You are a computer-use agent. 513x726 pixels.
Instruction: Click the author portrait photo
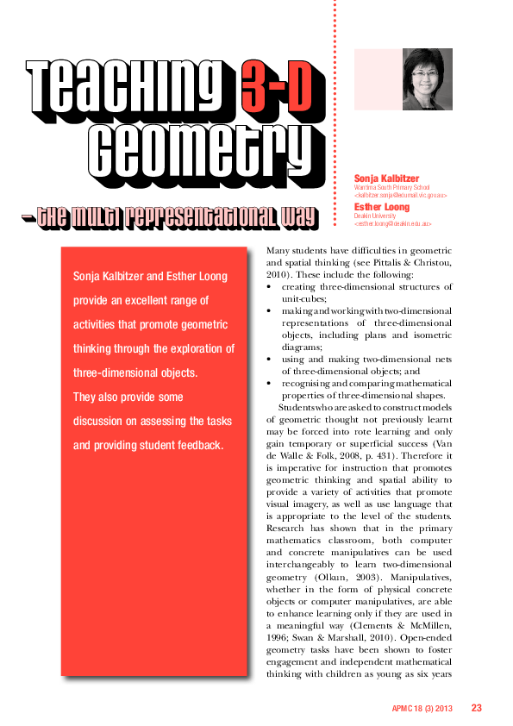pos(428,79)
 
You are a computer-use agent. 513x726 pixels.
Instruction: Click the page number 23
pos(476,708)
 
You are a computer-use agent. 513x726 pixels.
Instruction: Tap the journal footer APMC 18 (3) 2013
pos(422,709)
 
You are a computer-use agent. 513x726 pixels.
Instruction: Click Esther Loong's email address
pos(392,223)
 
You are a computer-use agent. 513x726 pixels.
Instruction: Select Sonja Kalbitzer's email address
pos(401,195)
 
